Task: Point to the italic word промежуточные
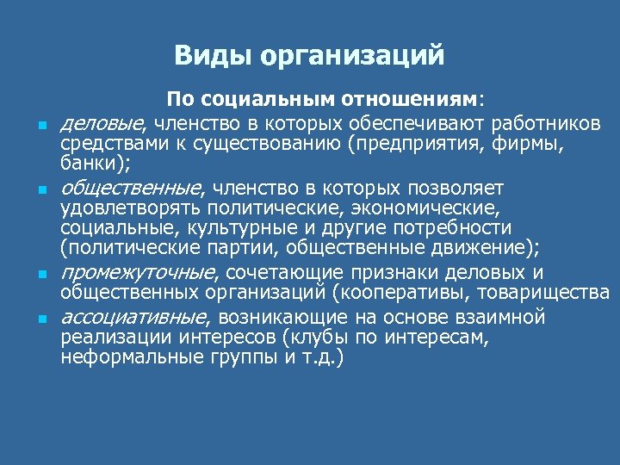[x=136, y=273]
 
